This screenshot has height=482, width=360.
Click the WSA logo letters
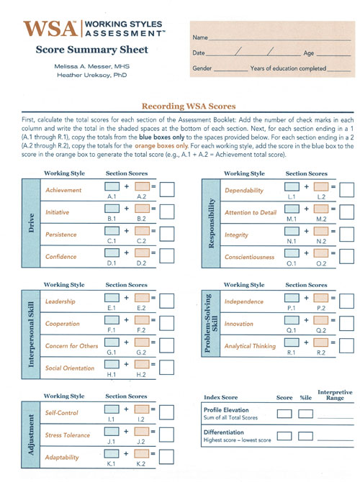click(x=50, y=29)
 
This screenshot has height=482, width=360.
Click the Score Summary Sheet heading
click(x=91, y=50)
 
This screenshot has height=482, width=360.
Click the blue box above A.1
click(x=112, y=188)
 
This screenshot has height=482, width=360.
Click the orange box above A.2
click(x=142, y=188)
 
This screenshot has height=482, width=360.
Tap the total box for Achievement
click(x=167, y=189)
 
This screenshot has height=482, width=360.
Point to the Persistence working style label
click(x=61, y=235)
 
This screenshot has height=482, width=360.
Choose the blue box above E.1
click(x=112, y=301)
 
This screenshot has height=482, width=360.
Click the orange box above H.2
click(x=142, y=367)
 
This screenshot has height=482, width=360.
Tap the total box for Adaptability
click(x=167, y=457)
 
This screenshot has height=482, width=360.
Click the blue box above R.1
click(x=292, y=345)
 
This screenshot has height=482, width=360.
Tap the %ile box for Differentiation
click(x=306, y=435)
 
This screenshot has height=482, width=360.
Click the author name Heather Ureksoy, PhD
click(x=92, y=75)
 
